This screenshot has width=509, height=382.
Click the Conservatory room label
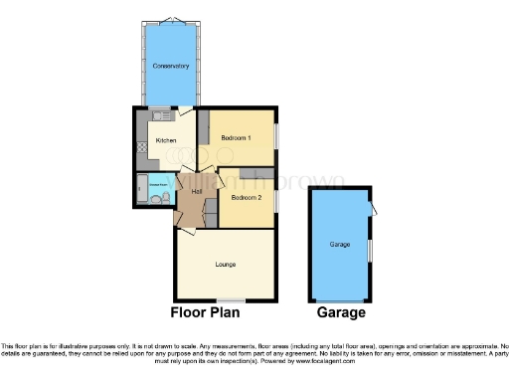pyautogui.click(x=171, y=68)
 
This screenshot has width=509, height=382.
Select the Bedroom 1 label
pyautogui.click(x=236, y=136)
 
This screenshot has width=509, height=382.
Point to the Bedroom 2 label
pyautogui.click(x=246, y=197)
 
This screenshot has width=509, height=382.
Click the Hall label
pyautogui.click(x=183, y=191)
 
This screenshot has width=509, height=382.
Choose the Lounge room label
pyautogui.click(x=225, y=265)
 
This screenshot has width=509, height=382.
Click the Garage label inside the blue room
pyautogui.click(x=340, y=244)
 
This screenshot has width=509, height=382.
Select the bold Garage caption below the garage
pyautogui.click(x=341, y=312)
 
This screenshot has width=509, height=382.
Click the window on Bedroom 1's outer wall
pyautogui.click(x=277, y=136)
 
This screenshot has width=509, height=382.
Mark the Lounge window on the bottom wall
pyautogui.click(x=232, y=300)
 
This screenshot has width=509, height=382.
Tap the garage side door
pyautogui.click(x=372, y=207)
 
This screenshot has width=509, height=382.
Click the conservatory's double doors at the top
pyautogui.click(x=171, y=22)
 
